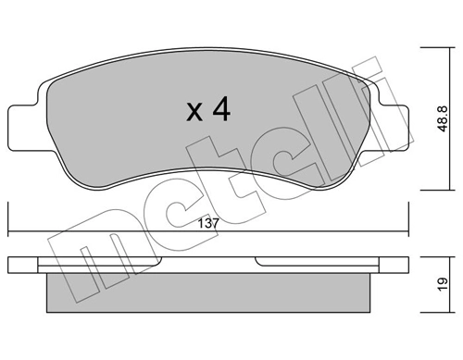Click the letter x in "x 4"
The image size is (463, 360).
194,113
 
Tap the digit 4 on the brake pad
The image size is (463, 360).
220,110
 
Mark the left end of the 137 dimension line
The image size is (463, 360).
8,231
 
